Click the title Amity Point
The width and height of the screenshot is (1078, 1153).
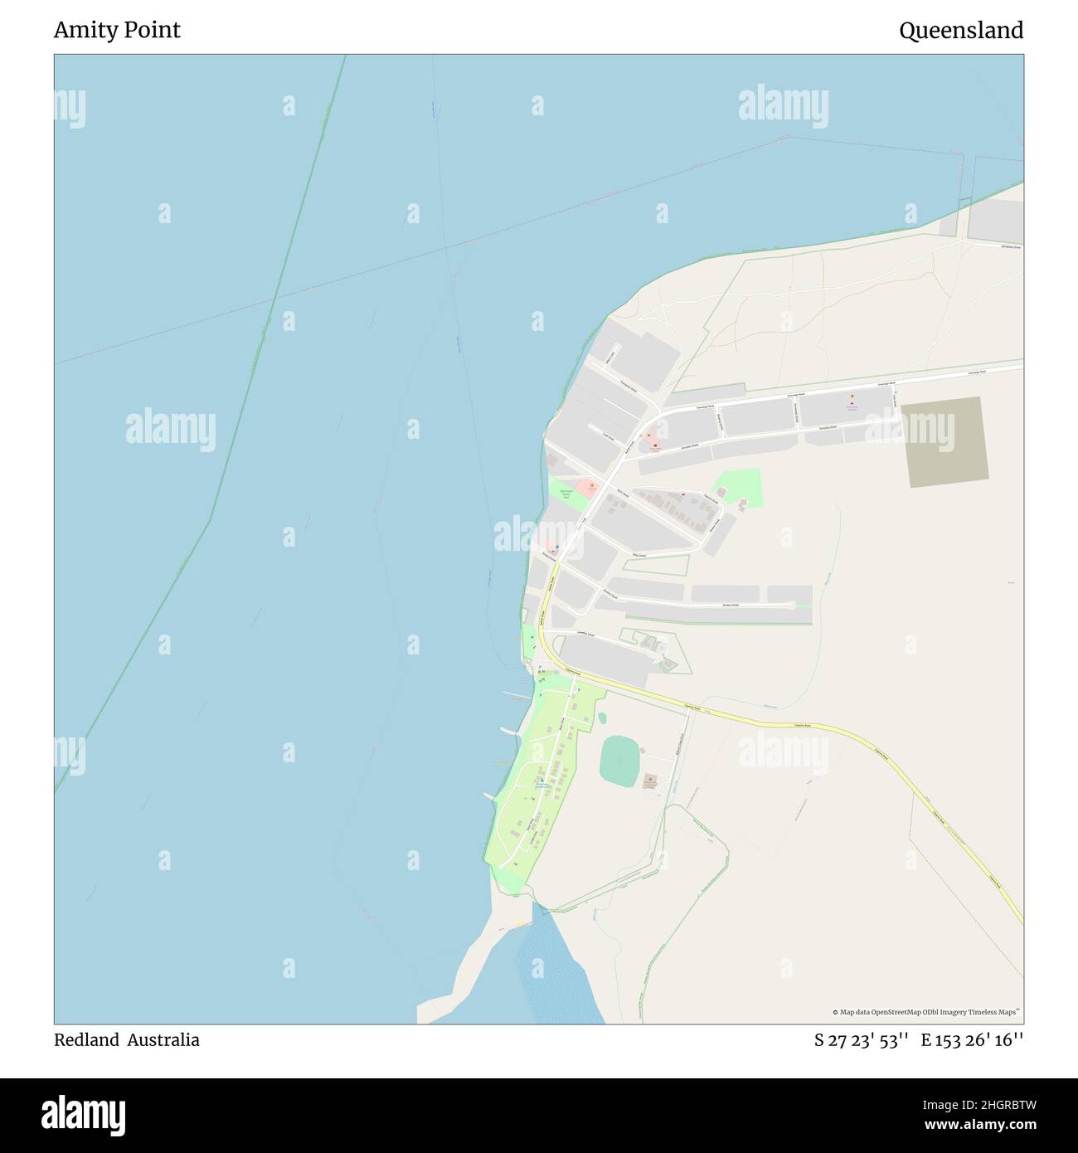[x=117, y=31]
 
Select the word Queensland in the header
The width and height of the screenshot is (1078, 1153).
[x=960, y=31]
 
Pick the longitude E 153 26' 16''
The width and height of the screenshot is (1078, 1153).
[x=972, y=1039]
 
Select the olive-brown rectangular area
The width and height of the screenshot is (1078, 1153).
[x=944, y=442]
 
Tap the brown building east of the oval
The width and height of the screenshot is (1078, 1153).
[x=651, y=781]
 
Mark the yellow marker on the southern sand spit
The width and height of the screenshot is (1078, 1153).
[x=520, y=922]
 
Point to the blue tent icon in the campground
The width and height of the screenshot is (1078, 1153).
[x=543, y=781]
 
